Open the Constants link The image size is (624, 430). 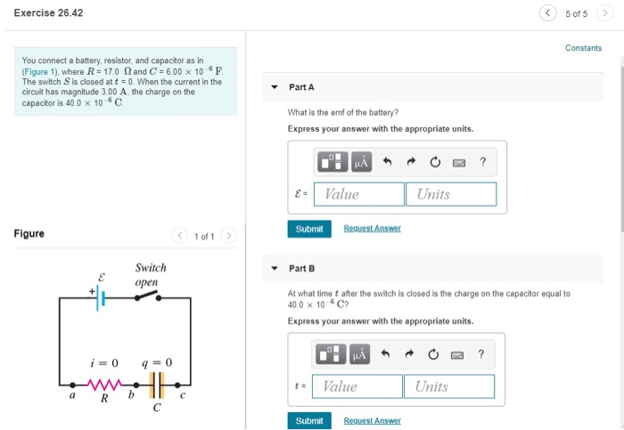[583, 48]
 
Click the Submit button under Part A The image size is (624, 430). [308, 229]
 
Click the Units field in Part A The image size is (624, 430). [451, 194]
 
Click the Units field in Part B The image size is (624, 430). [449, 386]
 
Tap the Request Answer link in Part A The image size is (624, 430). [372, 229]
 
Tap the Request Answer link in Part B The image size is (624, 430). [372, 421]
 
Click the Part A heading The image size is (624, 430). [301, 87]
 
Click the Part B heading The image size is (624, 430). [301, 268]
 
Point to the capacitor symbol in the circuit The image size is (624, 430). [157, 385]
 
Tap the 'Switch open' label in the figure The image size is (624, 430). [149, 274]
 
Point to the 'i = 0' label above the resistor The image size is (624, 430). [103, 362]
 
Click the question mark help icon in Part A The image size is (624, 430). [482, 162]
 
